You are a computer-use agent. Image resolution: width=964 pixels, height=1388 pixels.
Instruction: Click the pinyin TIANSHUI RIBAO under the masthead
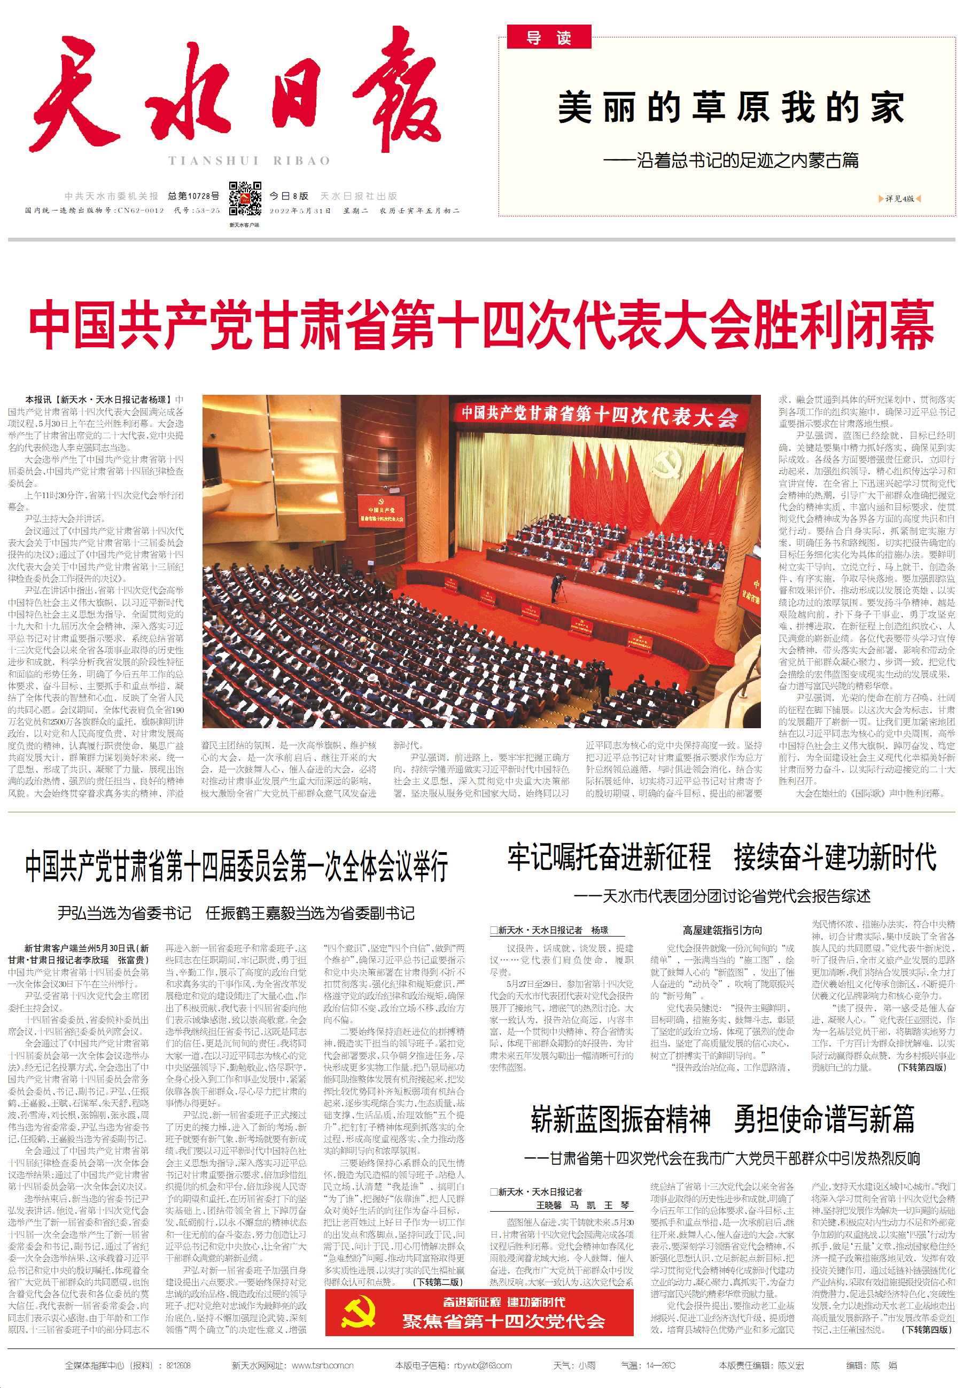click(x=249, y=161)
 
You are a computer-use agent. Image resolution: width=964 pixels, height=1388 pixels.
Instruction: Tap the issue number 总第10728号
click(x=193, y=196)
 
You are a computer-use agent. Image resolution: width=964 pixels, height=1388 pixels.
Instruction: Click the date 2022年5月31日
click(x=300, y=210)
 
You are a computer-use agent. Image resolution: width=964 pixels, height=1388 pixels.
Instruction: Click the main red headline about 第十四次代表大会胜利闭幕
click(x=481, y=325)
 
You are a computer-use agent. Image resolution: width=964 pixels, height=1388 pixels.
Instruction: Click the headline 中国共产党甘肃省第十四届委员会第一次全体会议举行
click(x=236, y=867)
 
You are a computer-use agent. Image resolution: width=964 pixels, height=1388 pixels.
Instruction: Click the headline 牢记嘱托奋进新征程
click(x=609, y=858)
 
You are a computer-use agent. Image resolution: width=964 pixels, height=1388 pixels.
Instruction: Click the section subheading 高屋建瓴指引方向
click(x=722, y=930)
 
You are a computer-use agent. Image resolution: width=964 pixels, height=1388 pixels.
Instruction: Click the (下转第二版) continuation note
click(x=437, y=1282)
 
